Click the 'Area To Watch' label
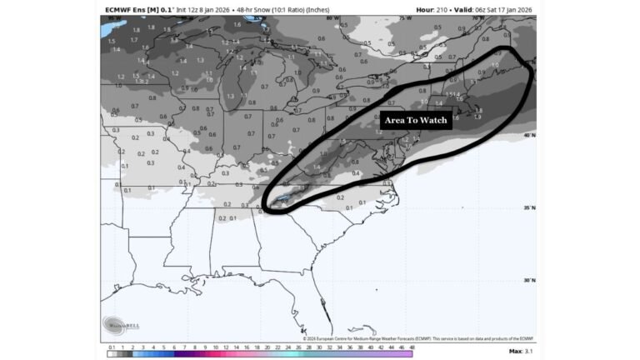point(416,120)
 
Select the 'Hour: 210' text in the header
point(433,10)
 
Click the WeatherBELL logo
point(117,323)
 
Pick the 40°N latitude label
point(527,134)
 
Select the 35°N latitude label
point(527,207)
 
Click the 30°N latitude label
point(527,281)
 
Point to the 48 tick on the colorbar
point(412,347)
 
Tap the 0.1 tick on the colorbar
point(111,347)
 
